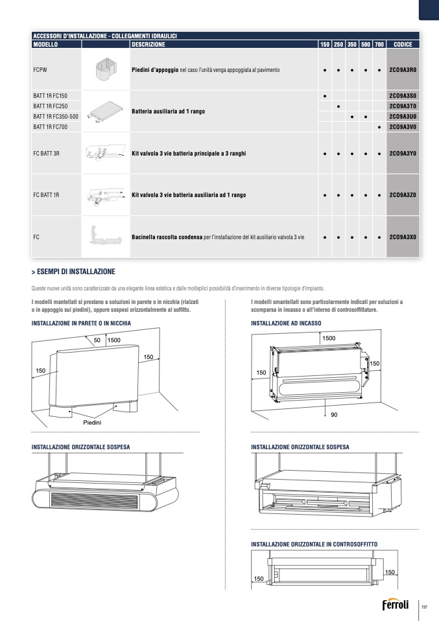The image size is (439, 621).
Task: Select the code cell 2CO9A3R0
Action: pyautogui.click(x=403, y=69)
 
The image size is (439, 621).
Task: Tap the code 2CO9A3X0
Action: pyautogui.click(x=403, y=237)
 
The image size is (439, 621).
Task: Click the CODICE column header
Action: pyautogui.click(x=403, y=45)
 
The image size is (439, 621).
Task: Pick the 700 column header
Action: pyautogui.click(x=379, y=45)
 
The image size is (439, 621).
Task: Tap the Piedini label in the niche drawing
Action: pyautogui.click(x=92, y=423)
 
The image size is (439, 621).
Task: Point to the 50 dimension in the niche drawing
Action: pyautogui.click(x=97, y=340)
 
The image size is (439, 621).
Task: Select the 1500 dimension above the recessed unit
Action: pyautogui.click(x=329, y=338)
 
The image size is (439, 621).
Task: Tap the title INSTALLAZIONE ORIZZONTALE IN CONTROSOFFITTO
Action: pyautogui.click(x=314, y=543)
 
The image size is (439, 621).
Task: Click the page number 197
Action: pyautogui.click(x=425, y=607)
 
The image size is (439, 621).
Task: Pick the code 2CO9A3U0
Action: pyautogui.click(x=403, y=117)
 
